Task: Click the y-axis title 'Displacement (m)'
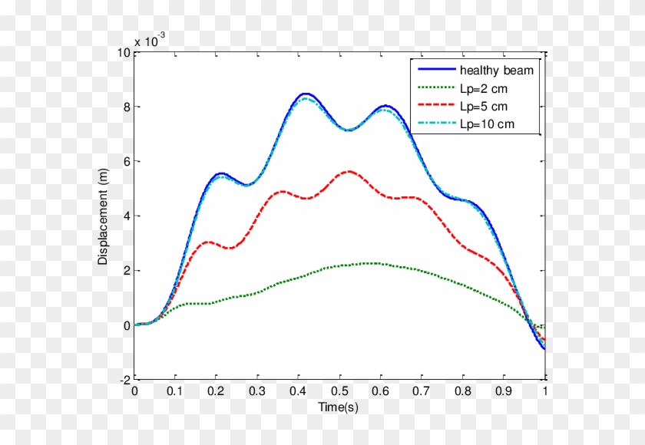103,217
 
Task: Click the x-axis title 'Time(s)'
338,407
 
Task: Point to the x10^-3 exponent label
147,41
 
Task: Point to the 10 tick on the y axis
123,52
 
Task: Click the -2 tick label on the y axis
124,380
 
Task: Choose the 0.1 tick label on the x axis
176,391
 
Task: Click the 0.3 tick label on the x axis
258,391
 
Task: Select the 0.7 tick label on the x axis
422,391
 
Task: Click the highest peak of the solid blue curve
306,94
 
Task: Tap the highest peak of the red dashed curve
349,171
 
